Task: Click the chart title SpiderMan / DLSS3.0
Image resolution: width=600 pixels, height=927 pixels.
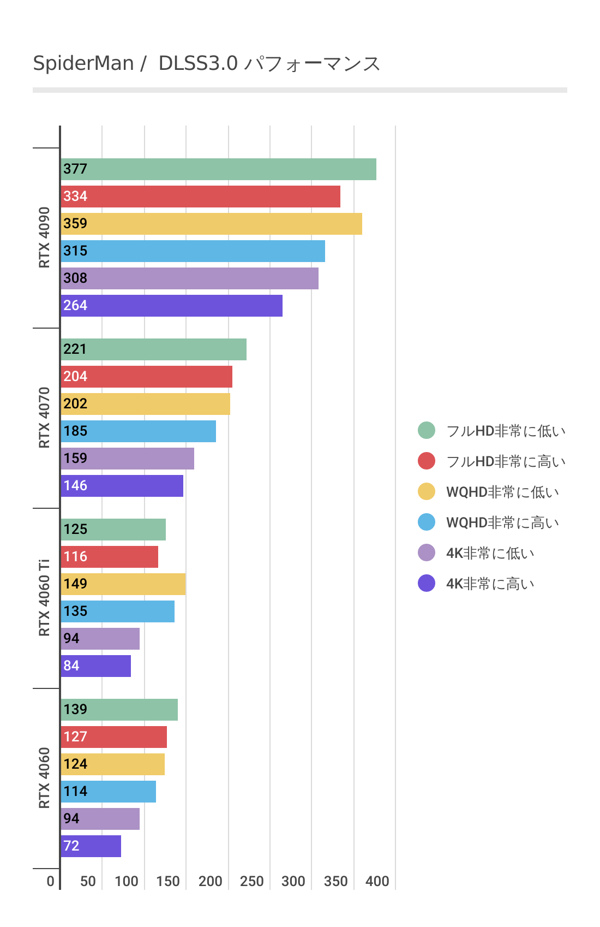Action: (206, 64)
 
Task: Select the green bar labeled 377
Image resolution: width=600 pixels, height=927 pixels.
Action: (218, 169)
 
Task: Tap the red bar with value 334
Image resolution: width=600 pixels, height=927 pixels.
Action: (200, 197)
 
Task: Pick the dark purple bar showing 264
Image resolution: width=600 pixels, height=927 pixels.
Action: (171, 306)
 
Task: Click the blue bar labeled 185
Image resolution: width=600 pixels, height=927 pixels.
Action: (138, 431)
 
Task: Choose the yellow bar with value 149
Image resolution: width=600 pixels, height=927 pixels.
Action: (123, 584)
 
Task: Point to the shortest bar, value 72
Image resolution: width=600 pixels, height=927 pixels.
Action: (91, 846)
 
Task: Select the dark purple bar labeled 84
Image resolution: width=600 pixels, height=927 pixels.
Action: (95, 666)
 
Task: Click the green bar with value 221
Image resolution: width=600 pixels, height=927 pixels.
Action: (153, 349)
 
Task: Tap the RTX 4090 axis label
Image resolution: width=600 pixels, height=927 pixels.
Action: (44, 237)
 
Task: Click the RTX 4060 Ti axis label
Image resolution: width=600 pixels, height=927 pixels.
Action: (44, 598)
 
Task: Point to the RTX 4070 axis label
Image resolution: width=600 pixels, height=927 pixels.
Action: (44, 418)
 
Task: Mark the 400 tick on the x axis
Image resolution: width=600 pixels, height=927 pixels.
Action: (377, 881)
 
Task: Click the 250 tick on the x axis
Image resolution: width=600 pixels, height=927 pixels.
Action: (252, 881)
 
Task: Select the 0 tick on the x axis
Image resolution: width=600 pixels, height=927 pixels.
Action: (51, 881)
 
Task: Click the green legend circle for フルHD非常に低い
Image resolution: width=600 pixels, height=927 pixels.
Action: (427, 430)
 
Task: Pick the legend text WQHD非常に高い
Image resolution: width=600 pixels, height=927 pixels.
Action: (502, 522)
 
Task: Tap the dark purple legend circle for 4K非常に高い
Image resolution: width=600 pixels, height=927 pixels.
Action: (427, 583)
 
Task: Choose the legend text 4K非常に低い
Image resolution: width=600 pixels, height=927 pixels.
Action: (490, 553)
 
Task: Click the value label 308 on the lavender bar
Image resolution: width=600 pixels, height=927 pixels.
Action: (75, 278)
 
